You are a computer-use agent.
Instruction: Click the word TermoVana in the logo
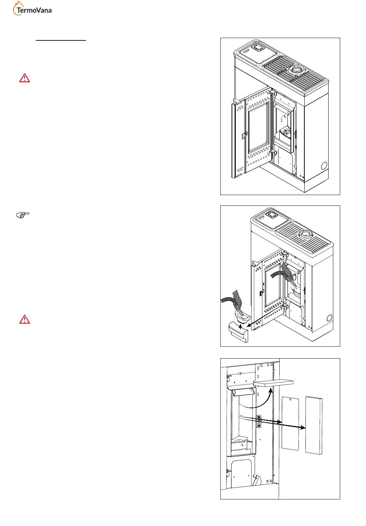click(x=34, y=10)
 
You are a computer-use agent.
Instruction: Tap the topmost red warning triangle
click(x=25, y=78)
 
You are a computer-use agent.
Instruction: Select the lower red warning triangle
click(x=25, y=320)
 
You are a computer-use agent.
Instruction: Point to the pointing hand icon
click(x=23, y=215)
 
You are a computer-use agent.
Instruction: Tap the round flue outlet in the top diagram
click(x=295, y=69)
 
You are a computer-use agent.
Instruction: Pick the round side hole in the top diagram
click(x=324, y=166)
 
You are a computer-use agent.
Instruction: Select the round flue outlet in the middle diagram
click(x=305, y=234)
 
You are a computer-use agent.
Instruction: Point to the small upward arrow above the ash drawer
click(x=240, y=327)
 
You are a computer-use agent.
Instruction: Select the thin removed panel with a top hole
click(x=290, y=423)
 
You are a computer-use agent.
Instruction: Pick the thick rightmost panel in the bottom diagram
click(x=314, y=425)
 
